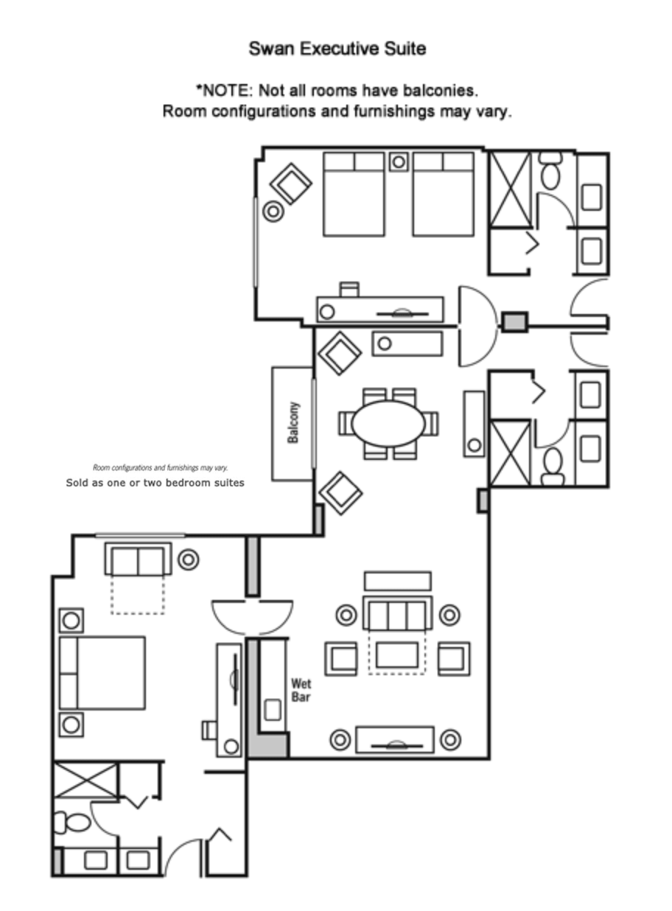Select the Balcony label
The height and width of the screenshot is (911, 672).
point(293,422)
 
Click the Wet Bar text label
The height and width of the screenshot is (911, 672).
point(301,689)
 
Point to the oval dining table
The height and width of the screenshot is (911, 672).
point(388,423)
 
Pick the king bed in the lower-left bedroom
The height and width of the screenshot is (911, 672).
point(102,673)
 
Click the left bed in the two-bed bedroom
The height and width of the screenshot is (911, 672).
point(354,194)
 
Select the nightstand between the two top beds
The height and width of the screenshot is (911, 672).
point(399,161)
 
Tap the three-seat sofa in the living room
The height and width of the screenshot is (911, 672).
point(397,613)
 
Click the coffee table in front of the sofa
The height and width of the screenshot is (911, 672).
point(396,655)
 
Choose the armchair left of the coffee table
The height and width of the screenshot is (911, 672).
point(341,657)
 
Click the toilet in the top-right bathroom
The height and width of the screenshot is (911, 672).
point(550,172)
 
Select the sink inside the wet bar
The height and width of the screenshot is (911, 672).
point(273,711)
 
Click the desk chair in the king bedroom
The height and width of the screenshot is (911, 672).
point(209,730)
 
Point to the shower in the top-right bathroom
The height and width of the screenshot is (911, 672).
point(510,189)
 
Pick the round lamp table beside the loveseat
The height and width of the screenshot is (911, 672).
point(189,559)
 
